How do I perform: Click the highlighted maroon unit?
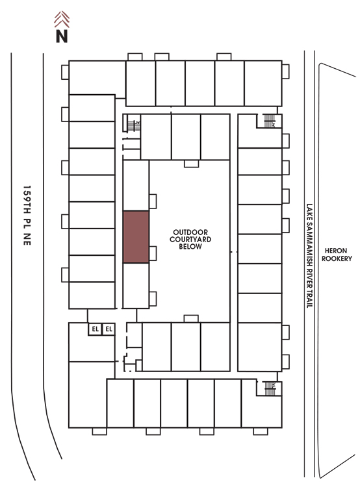point(136,237)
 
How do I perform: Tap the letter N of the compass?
point(62,36)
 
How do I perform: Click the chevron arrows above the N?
point(62,19)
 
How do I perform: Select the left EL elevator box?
point(95,329)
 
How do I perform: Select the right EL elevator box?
point(109,329)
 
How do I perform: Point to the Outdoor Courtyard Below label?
point(190,240)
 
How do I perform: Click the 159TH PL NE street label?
point(27,216)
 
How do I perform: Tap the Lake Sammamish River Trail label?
point(309,256)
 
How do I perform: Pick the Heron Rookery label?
point(337,255)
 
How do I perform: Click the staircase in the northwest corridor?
point(134,126)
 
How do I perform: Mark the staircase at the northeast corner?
point(270,121)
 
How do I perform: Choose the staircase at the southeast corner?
point(270,388)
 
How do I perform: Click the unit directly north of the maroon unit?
point(136,186)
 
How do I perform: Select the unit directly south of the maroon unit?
point(136,286)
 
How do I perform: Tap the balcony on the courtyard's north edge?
point(191,164)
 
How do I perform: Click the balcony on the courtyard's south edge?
point(191,319)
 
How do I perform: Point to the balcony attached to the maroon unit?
point(153,253)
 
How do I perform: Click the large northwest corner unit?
point(97,78)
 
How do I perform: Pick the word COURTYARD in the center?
point(190,240)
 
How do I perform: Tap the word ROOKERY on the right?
point(337,258)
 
